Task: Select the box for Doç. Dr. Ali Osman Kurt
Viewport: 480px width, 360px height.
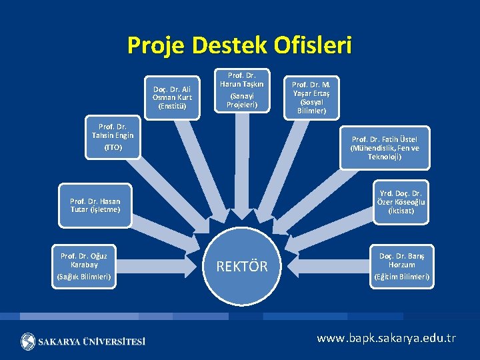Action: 173,97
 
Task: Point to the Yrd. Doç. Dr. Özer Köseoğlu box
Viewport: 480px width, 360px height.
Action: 401,201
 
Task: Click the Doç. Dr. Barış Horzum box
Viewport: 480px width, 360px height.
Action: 402,266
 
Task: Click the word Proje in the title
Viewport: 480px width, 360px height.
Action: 155,45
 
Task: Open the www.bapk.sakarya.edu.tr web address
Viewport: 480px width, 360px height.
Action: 387,338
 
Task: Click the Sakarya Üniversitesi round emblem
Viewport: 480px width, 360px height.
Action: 29,341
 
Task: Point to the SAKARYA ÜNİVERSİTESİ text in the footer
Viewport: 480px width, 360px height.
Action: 91,341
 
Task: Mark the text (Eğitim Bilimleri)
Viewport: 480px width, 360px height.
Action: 402,276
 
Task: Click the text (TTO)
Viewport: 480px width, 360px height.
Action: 113,147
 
